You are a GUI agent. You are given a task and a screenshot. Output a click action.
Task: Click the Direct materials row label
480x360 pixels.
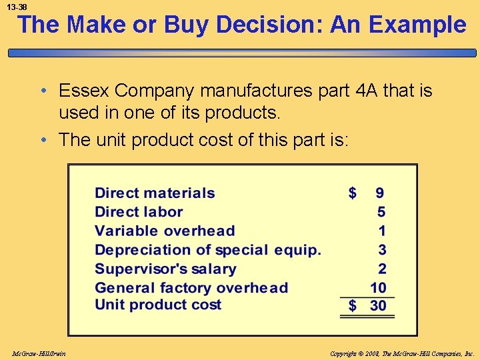155,193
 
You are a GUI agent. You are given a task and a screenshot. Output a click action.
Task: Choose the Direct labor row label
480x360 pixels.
139,212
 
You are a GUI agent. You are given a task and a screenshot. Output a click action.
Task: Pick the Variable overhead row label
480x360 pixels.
165,231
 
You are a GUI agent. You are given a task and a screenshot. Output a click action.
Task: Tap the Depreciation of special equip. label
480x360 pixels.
208,250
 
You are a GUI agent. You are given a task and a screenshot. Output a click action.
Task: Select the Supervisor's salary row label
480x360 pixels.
165,269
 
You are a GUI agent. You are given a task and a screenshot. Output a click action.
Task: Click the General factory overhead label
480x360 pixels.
191,288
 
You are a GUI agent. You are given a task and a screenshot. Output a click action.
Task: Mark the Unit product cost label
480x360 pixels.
158,305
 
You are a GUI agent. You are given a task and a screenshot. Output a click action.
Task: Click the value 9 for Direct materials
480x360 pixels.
379,193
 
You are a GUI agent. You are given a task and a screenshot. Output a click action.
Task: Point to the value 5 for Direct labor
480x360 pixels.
381,212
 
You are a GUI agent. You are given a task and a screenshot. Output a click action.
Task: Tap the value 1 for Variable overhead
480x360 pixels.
381,231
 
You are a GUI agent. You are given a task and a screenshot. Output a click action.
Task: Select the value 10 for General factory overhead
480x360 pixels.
378,288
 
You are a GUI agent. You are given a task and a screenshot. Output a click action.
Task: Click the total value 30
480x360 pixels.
378,306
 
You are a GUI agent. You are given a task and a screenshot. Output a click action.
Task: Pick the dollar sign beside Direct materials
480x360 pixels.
353,193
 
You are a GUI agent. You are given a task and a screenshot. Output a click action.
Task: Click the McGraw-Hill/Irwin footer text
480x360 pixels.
38,353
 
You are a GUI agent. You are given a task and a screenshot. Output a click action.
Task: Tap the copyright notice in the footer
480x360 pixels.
401,353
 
